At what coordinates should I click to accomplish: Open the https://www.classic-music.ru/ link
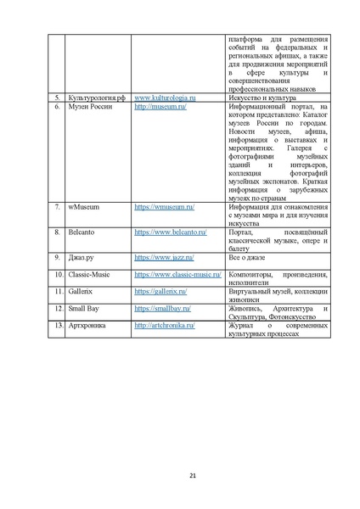point(177,275)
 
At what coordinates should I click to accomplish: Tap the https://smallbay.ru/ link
point(162,308)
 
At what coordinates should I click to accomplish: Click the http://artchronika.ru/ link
point(165,325)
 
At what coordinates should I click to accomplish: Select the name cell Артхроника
point(87,325)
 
